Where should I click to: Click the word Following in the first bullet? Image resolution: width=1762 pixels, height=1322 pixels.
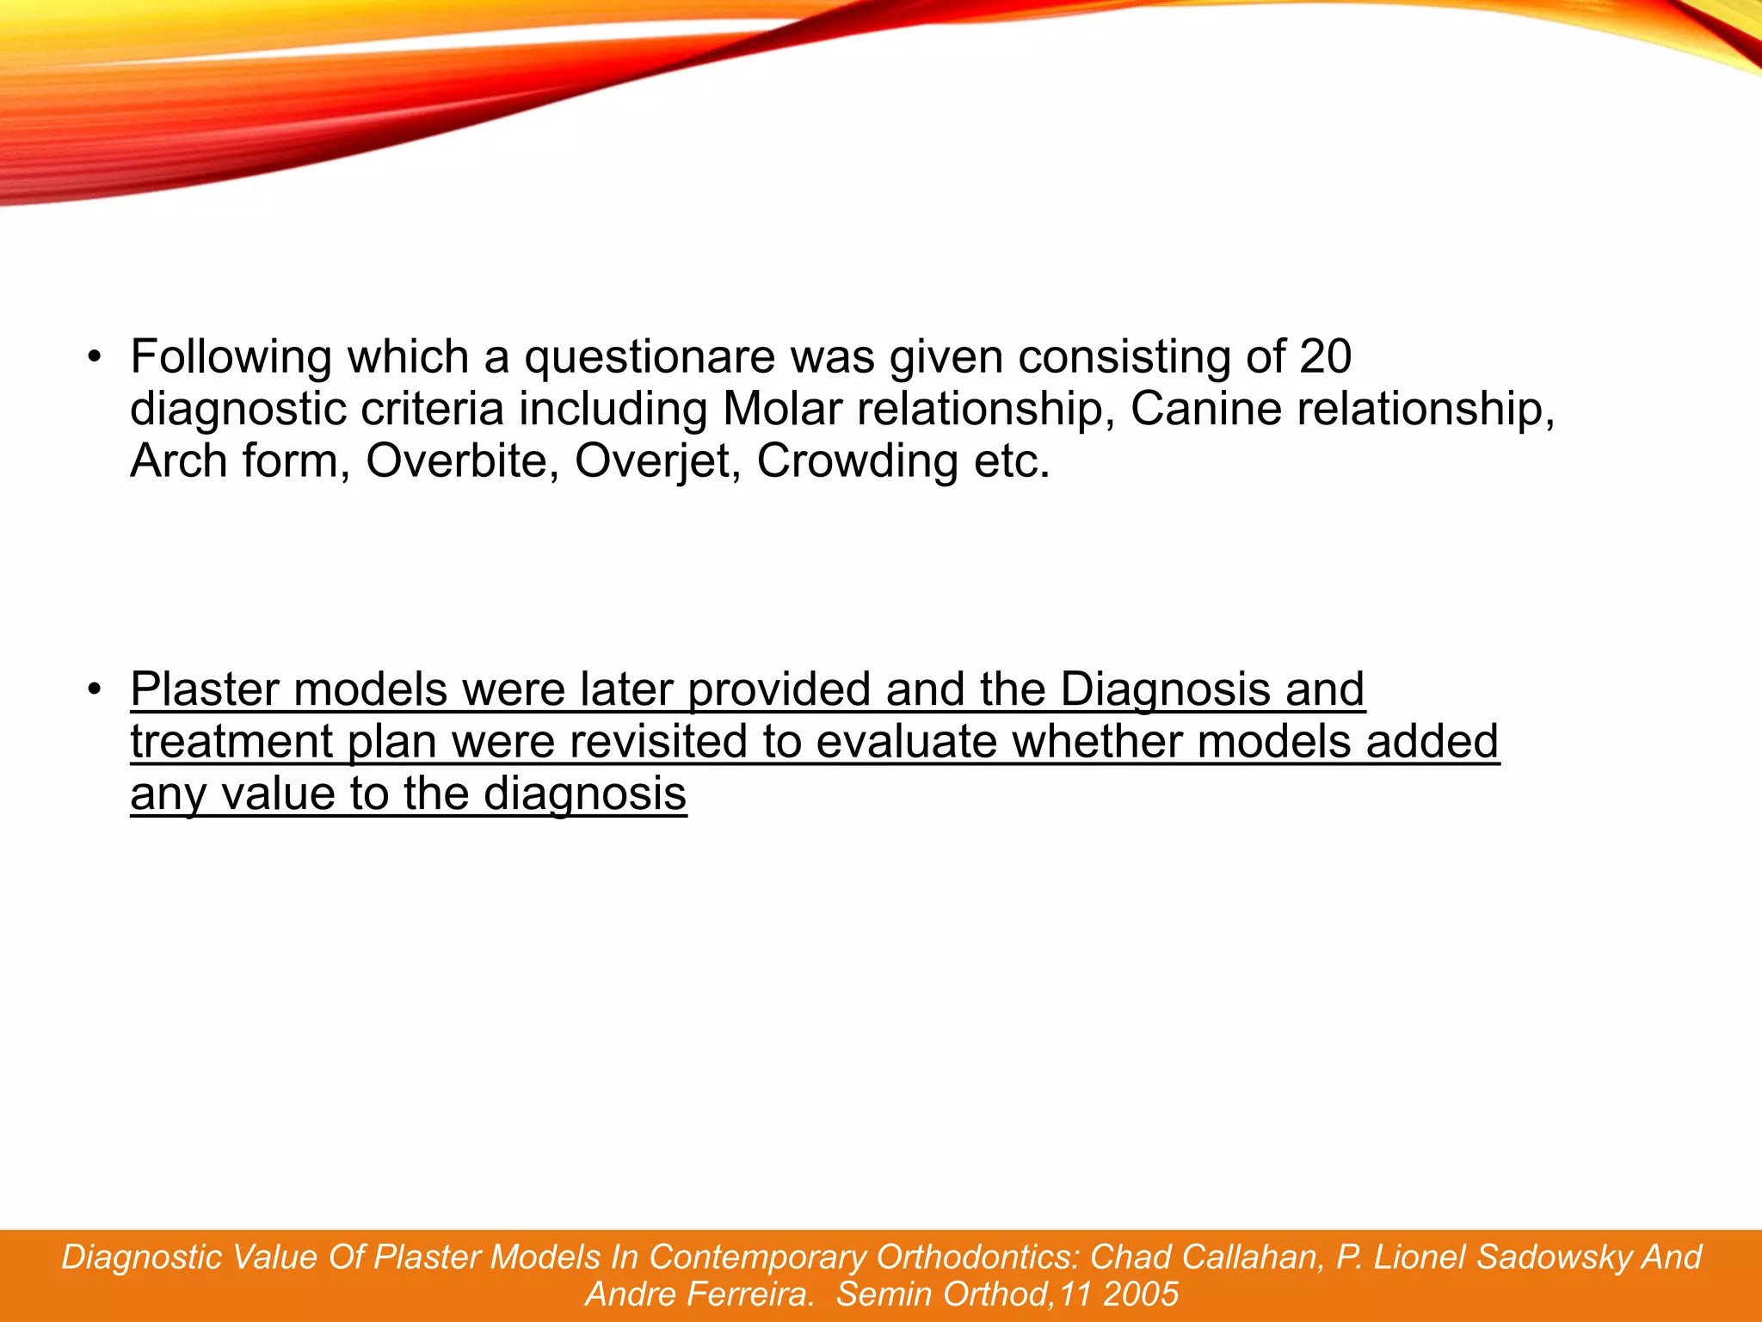231,357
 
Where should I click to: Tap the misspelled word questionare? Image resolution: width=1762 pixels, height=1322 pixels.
650,357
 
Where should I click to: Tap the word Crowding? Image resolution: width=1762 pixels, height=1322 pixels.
857,461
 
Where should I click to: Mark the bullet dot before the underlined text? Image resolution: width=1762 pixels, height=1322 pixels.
95,689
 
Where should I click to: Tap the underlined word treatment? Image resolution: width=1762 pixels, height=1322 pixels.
231,742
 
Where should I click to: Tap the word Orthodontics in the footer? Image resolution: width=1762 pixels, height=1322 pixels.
977,1257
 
